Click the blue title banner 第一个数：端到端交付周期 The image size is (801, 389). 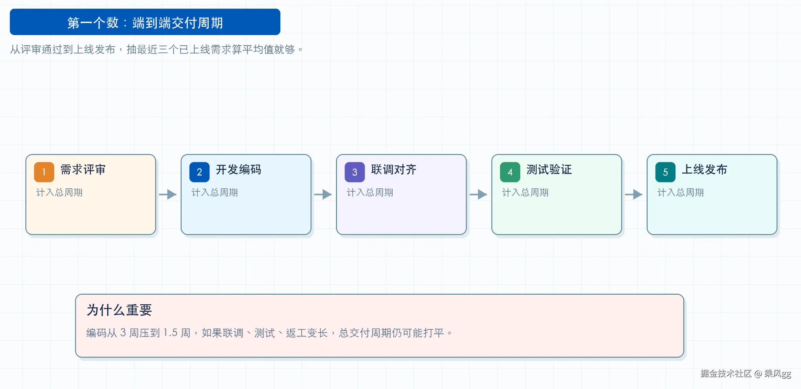[145, 22]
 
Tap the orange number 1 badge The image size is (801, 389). [44, 172]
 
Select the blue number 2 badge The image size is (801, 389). [199, 172]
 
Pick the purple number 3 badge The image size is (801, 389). [355, 172]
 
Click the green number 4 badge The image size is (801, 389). [510, 172]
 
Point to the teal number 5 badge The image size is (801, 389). [665, 172]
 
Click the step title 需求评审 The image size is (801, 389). [83, 169]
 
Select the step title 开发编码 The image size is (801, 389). [239, 169]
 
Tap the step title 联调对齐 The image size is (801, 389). [394, 169]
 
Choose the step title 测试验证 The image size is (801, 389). [549, 169]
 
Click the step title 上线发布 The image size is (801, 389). [705, 169]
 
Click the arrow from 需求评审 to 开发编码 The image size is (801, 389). [168, 194]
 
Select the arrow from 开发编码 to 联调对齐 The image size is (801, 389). [323, 194]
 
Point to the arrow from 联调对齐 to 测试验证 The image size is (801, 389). [478, 194]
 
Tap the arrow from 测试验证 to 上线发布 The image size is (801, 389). [634, 194]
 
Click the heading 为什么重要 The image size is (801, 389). [119, 310]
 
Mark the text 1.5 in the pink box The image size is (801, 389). [170, 333]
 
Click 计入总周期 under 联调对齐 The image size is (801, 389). [370, 192]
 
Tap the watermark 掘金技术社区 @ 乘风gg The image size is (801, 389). [746, 374]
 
